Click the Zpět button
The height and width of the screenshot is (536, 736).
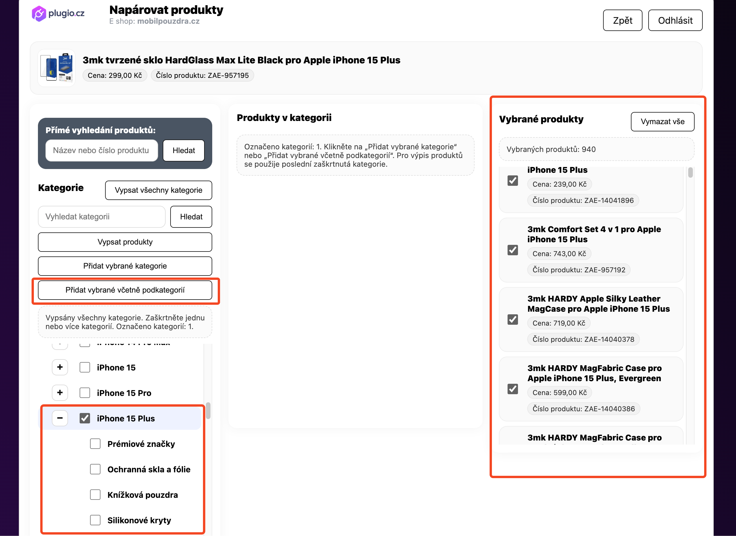[622, 21]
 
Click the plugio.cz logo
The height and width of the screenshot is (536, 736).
[58, 14]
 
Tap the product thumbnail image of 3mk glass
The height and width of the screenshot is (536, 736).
[56, 68]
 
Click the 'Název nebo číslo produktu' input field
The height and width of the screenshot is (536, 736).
[102, 150]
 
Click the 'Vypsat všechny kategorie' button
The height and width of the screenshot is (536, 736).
[158, 190]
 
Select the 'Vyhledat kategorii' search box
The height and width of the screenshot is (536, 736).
[102, 217]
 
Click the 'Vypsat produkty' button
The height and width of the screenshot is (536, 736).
[125, 242]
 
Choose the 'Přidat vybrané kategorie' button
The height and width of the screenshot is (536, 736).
[125, 266]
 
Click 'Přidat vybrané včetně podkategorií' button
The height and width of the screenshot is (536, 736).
[125, 290]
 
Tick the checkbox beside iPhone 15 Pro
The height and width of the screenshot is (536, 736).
[85, 393]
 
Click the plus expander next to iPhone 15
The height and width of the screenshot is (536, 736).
[60, 367]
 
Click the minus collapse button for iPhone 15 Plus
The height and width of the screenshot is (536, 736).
[60, 418]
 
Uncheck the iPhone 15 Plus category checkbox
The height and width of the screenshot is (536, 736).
[85, 418]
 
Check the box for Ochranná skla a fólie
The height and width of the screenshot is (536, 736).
[95, 469]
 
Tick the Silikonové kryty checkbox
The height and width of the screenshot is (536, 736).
[95, 520]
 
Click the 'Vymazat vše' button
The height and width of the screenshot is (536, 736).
[662, 122]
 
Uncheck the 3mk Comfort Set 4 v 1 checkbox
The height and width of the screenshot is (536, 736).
[512, 250]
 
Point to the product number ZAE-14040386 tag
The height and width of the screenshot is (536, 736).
[583, 409]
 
